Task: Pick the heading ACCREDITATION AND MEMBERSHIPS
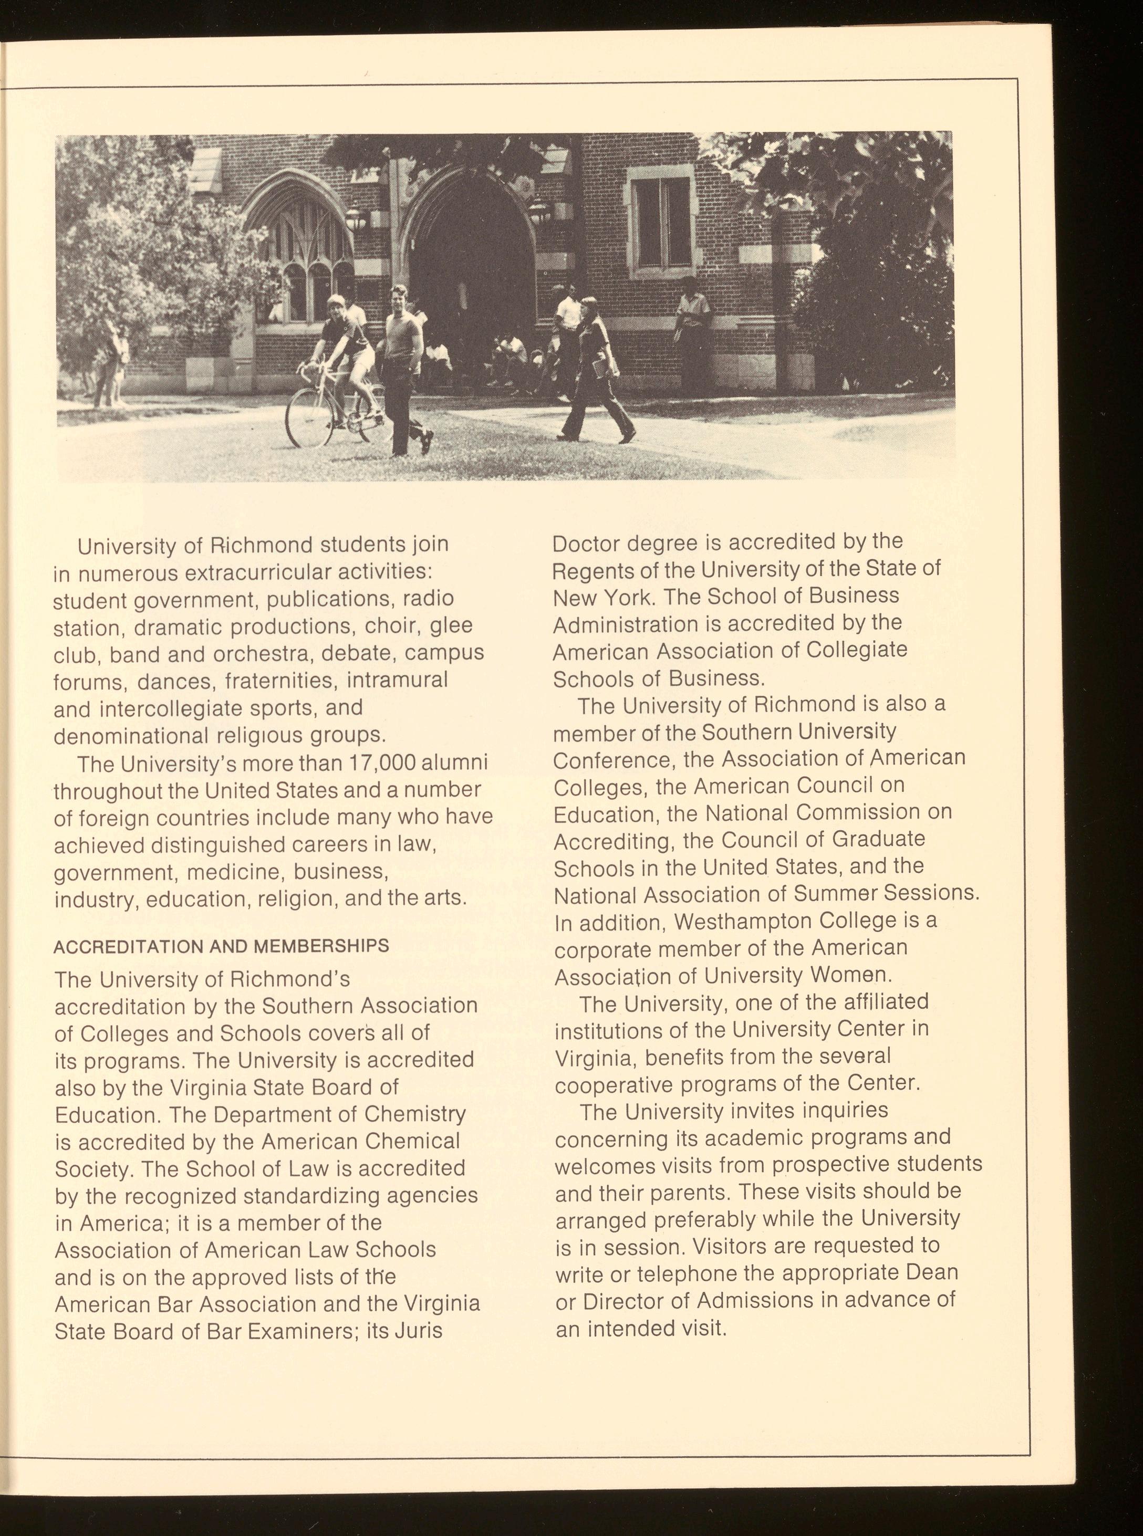(x=222, y=945)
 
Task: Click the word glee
(x=451, y=625)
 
